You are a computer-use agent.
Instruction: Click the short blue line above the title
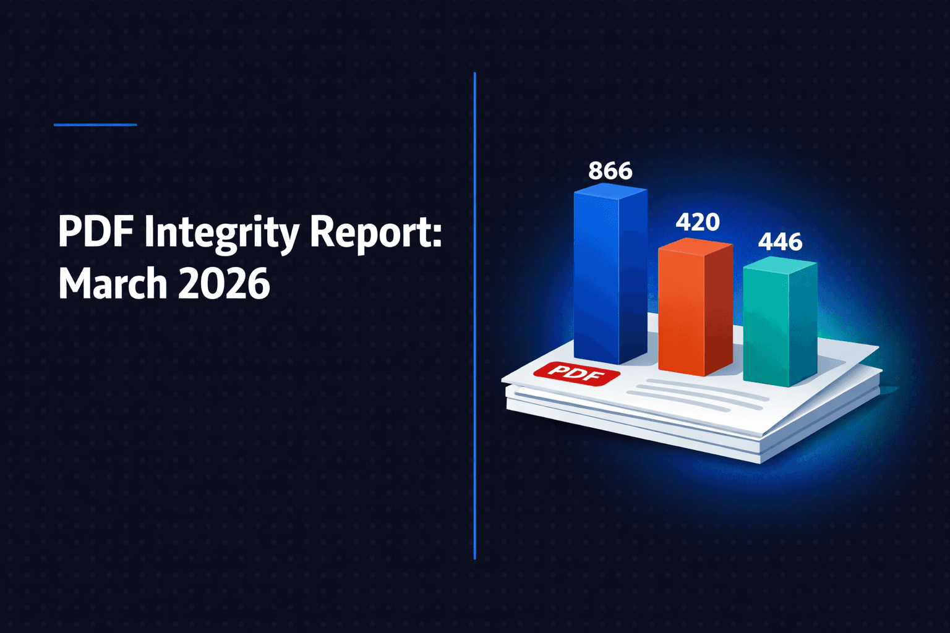click(x=95, y=125)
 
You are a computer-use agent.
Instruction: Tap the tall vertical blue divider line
click(x=474, y=315)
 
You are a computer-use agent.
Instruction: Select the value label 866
click(x=610, y=171)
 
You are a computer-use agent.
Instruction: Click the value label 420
click(x=697, y=222)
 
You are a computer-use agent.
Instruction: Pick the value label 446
click(x=780, y=242)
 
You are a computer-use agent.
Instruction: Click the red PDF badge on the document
click(x=576, y=373)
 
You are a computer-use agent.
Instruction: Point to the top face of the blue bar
click(x=610, y=192)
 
